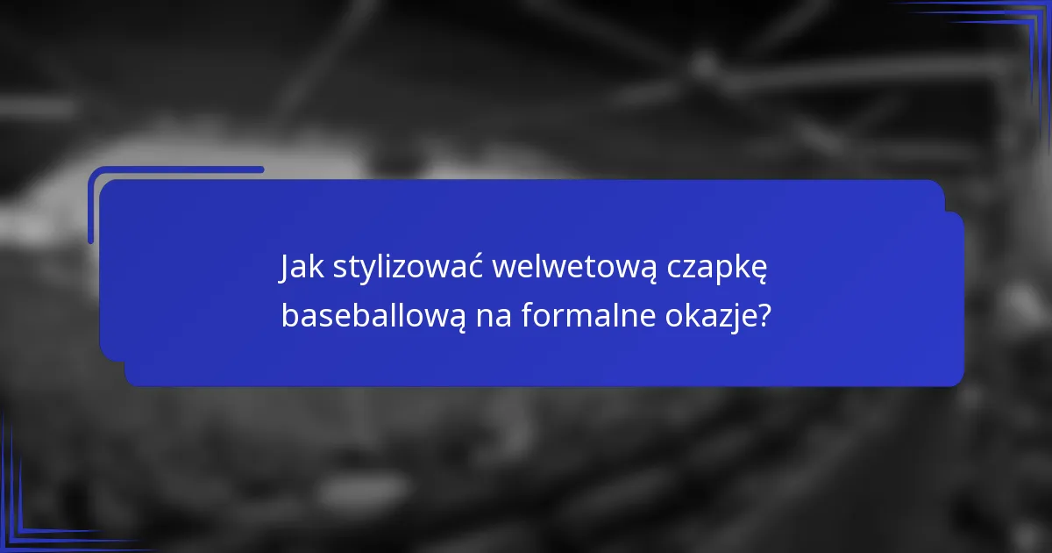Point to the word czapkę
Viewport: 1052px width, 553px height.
tap(717, 269)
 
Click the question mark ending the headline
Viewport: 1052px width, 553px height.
tap(764, 314)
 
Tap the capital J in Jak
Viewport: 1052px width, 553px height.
tap(285, 268)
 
